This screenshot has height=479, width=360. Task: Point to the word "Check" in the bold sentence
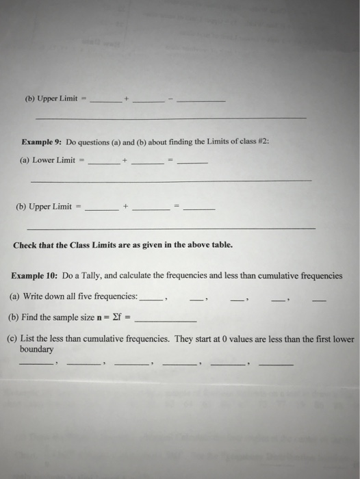27,244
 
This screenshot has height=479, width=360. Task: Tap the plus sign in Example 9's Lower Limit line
125,161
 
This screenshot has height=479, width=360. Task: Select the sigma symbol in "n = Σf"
119,318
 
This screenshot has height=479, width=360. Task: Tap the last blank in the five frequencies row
319,300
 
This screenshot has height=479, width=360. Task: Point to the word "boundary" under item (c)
37,349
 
